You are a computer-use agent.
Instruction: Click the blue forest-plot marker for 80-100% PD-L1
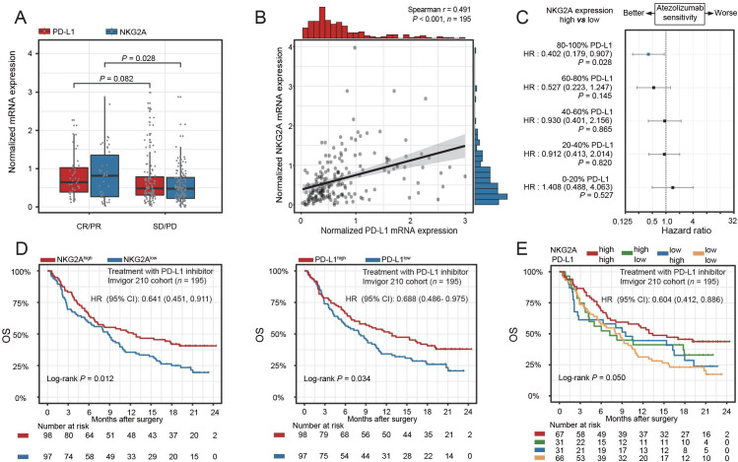click(x=648, y=54)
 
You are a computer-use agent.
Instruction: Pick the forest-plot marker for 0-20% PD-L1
click(x=673, y=187)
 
